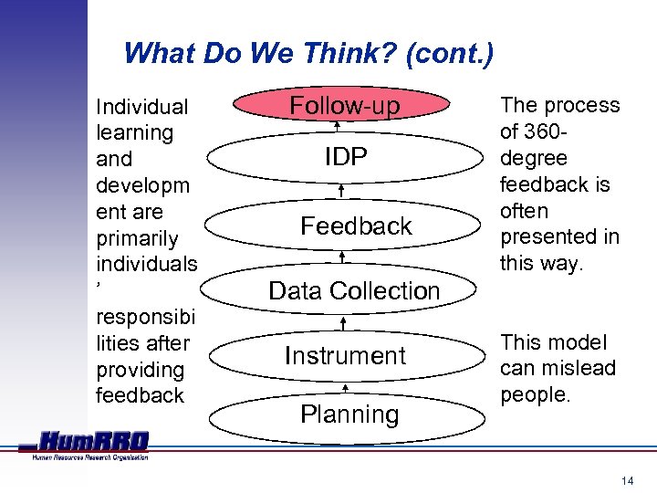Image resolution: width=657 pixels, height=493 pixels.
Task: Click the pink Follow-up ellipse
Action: [x=344, y=106]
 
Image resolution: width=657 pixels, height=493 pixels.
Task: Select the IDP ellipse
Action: [x=345, y=157]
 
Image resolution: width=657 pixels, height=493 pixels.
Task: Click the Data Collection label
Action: [x=354, y=291]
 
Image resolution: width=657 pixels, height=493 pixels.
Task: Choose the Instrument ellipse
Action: [x=345, y=355]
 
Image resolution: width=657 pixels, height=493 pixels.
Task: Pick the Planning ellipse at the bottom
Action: [x=349, y=414]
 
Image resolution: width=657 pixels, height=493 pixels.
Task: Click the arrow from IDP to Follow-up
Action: [x=337, y=127]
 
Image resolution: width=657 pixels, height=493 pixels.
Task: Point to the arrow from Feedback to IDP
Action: [x=340, y=191]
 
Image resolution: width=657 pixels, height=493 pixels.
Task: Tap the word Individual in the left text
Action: [x=141, y=107]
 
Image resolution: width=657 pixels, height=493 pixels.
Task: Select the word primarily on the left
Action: [x=140, y=238]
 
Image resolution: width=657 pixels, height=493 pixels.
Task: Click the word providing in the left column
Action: [x=140, y=370]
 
